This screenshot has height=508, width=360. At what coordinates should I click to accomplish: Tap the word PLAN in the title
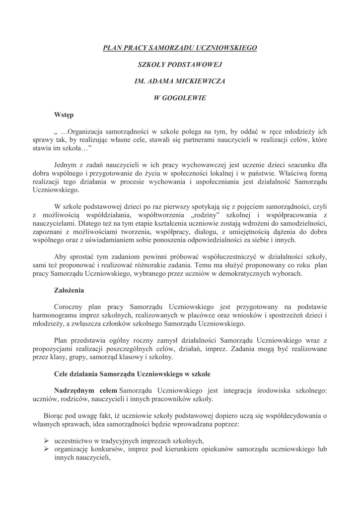point(112,48)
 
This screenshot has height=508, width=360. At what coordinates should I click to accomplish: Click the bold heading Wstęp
point(64,115)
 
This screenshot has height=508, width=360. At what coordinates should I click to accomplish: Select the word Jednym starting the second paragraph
point(67,164)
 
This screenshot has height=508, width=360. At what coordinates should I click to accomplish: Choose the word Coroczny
point(71,307)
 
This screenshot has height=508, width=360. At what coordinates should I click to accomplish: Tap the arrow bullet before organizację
point(45,449)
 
